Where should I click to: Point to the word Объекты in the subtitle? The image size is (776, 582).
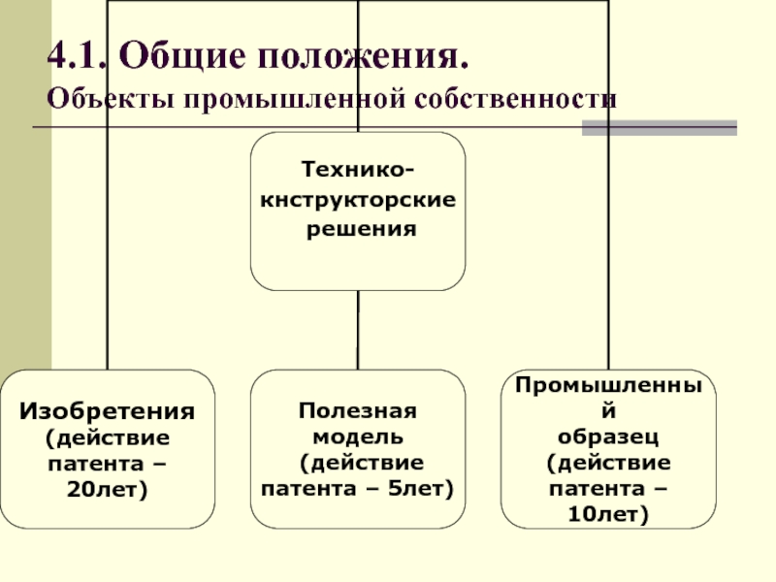tap(111, 99)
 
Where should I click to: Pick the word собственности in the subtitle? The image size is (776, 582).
tap(516, 99)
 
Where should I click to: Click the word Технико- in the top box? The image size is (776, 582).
tap(358, 170)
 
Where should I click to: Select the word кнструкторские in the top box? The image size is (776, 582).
tap(358, 201)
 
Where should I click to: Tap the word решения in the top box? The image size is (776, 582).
tap(361, 230)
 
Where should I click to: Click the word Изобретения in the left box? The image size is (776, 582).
tap(108, 411)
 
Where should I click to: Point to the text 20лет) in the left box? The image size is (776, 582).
tap(108, 490)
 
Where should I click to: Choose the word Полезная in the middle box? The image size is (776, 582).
tap(358, 410)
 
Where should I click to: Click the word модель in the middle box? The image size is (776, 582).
tap(358, 437)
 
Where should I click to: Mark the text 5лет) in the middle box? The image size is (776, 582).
tap(421, 489)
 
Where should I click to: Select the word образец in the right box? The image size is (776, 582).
tap(608, 437)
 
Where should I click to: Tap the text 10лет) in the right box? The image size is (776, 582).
tap(608, 514)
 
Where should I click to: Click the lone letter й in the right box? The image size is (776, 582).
tap(609, 409)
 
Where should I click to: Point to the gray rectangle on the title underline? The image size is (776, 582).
tap(660, 128)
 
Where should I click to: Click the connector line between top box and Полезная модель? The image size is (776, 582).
tap(358, 330)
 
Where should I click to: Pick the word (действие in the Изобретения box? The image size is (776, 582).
tap(108, 438)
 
